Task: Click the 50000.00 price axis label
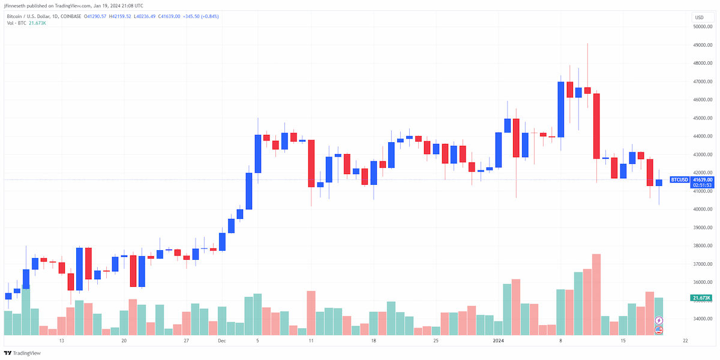coord(703,26)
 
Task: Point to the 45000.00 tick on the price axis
coord(703,118)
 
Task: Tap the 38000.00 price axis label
coord(703,246)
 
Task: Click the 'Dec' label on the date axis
coord(222,341)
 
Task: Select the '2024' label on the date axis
coord(498,341)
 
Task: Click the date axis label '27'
coord(186,341)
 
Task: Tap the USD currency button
coord(700,17)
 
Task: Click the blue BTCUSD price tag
coord(679,179)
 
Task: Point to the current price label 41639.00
coord(703,179)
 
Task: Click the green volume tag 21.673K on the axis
coord(701,298)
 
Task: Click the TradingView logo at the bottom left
coord(22,353)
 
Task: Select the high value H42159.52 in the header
coord(120,16)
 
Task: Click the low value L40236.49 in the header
coord(145,16)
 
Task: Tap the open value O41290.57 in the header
coord(95,16)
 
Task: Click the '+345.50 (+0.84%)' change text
coord(200,16)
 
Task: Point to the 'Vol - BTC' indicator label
coord(16,23)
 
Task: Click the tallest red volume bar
coord(596,295)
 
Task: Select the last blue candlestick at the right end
coord(659,182)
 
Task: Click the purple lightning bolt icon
coord(659,320)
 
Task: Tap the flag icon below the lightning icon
coord(659,330)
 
